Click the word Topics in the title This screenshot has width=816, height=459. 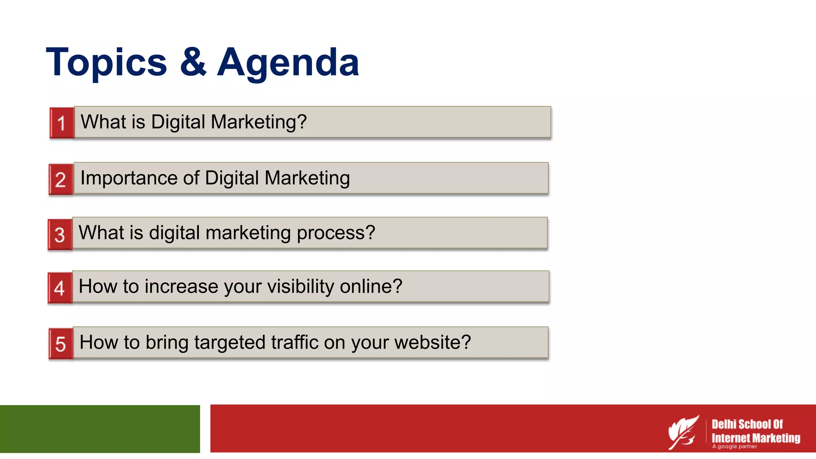tap(106, 63)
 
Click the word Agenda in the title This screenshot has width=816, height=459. tap(288, 63)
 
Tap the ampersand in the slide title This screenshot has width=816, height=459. tap(193, 62)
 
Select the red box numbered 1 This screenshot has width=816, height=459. tap(62, 123)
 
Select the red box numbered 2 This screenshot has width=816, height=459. tap(61, 180)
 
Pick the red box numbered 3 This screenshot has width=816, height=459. tap(60, 235)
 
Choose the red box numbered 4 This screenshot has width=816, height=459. tap(60, 288)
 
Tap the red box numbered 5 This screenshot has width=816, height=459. tap(61, 344)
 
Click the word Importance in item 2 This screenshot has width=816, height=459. tap(128, 178)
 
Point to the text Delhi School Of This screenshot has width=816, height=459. tap(747, 424)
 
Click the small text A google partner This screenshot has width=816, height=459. tap(734, 447)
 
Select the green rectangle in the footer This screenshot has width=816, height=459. tap(100, 429)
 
